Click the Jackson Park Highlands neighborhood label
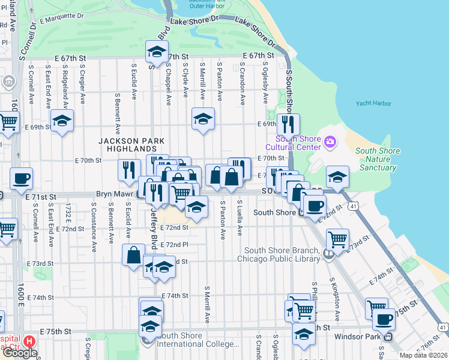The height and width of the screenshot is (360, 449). coord(128,145)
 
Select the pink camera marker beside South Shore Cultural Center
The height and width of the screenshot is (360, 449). coord(330,142)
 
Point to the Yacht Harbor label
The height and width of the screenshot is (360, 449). coord(373,103)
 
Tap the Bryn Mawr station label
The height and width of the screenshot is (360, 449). coord(116,195)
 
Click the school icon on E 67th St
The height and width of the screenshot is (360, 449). coord(157,52)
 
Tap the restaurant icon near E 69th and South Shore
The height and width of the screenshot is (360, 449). coord(288,124)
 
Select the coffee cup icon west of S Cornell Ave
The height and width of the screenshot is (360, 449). coord(21,178)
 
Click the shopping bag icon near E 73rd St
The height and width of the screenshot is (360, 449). coord(133,254)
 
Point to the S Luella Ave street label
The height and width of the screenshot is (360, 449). coord(239,218)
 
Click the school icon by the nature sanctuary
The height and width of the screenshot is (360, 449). coord(338,177)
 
